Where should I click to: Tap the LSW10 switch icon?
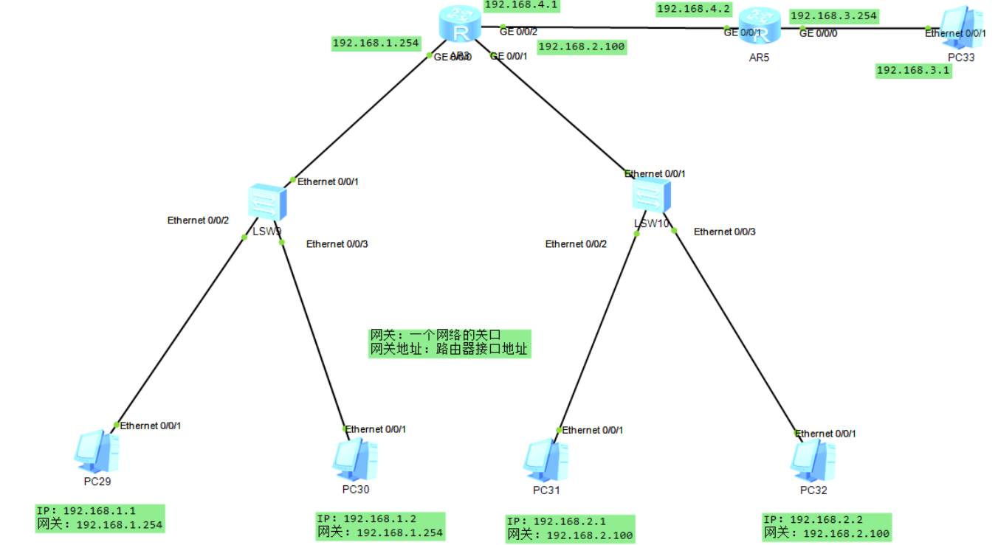(652, 196)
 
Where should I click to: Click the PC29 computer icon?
(97, 452)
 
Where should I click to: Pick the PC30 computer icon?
(355, 459)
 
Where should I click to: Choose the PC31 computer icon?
(546, 460)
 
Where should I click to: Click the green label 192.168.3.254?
(834, 15)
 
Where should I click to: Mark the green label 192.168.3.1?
(913, 71)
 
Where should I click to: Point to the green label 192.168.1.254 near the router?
(376, 43)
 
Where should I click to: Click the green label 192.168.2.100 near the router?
(582, 46)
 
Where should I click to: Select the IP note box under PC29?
(100, 518)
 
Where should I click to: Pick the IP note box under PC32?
(827, 527)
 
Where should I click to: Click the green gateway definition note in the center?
(449, 343)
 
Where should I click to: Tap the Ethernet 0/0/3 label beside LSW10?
(724, 232)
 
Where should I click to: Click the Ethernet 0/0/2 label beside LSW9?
(198, 220)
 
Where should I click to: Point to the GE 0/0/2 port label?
(518, 31)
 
